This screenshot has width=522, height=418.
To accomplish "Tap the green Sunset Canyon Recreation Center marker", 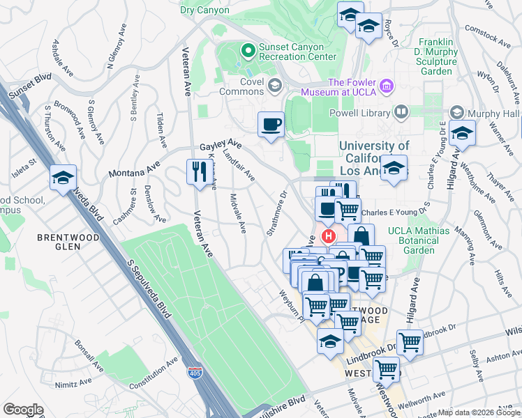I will click(x=246, y=50).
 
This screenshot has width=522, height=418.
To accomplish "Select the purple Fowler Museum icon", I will click(x=387, y=87).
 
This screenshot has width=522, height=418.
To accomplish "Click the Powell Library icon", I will click(x=401, y=111).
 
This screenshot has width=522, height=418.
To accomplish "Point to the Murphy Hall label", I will click(x=493, y=113).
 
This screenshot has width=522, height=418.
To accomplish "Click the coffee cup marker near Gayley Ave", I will click(x=271, y=125).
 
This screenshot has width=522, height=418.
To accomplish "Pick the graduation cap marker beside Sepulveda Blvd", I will click(x=63, y=178).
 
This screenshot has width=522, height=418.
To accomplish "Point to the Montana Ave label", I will click(x=134, y=171).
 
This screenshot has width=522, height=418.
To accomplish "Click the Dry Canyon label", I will click(x=204, y=10).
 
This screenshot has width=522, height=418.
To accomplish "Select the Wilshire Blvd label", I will click(x=287, y=403).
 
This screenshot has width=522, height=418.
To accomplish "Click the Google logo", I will click(x=23, y=410).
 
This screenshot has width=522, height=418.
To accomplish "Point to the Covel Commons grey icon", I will click(x=275, y=86).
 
